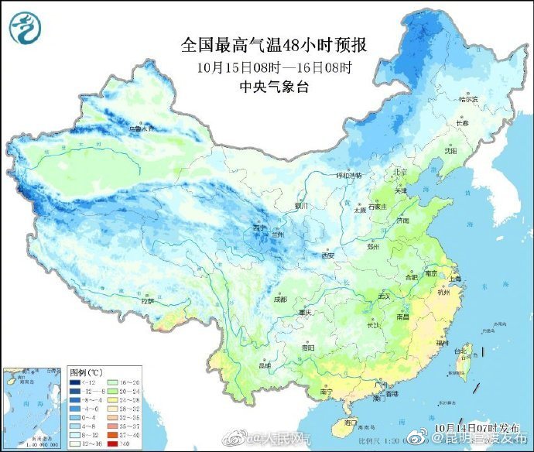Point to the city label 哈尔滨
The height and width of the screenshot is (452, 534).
(468, 99)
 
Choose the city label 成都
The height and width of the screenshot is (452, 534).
(279, 299)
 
